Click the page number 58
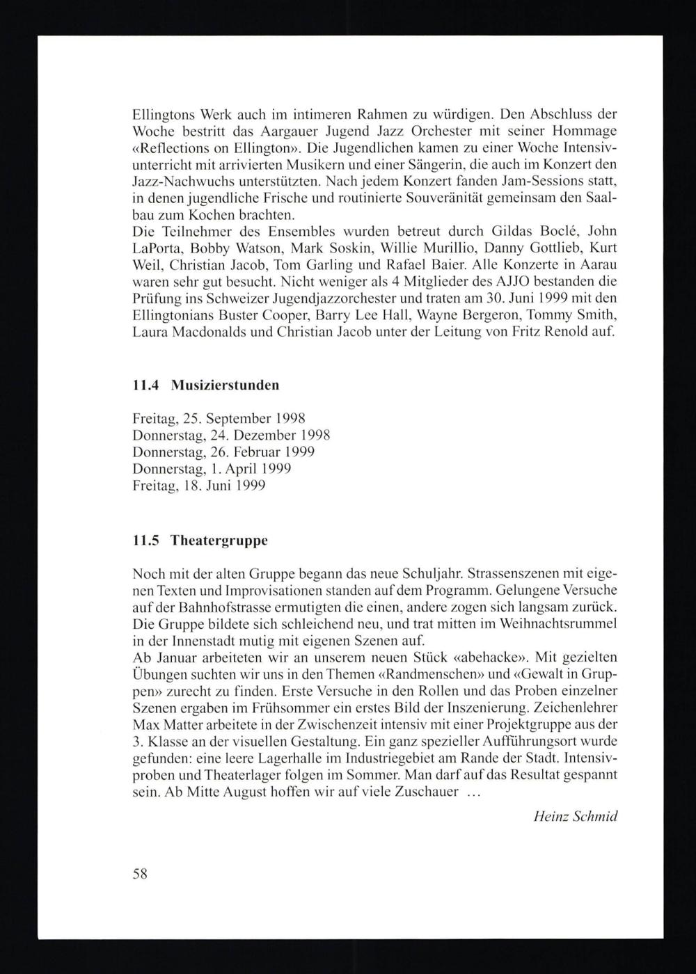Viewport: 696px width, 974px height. (139, 875)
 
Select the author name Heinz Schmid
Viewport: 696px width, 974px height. (575, 817)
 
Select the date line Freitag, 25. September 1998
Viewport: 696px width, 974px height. (219, 419)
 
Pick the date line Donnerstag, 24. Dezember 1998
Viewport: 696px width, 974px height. (230, 436)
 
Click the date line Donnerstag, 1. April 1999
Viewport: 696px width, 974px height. (212, 469)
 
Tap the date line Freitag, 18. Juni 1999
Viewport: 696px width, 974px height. (198, 486)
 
